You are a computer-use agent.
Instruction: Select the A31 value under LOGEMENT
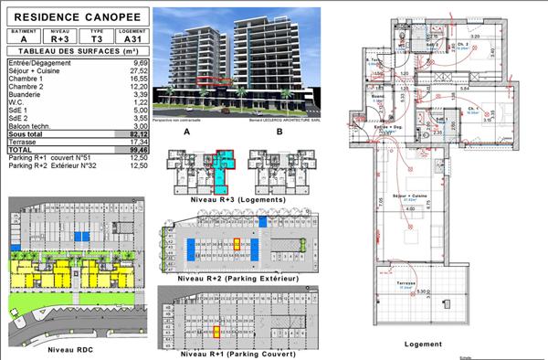coord(128,38)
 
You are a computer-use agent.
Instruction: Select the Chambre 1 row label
coord(25,79)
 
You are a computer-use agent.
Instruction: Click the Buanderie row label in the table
coord(25,93)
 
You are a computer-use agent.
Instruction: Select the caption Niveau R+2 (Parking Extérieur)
coord(226,278)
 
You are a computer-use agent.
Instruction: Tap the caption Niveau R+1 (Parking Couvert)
coord(226,352)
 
